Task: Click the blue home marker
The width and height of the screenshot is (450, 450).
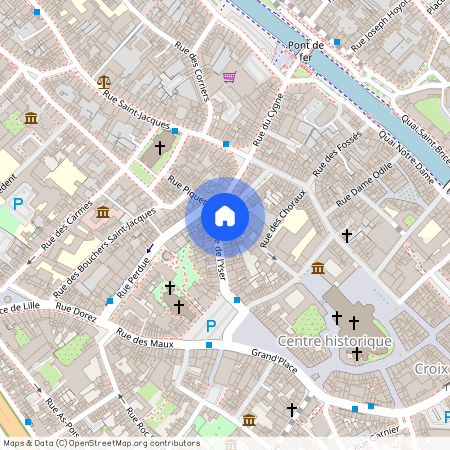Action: coord(225,215)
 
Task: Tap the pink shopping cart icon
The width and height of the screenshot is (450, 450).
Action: coord(229,77)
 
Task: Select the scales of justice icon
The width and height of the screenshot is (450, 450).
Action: coord(103,80)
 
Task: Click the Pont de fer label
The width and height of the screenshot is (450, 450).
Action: coord(306,51)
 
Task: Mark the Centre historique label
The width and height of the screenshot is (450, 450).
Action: coord(334,341)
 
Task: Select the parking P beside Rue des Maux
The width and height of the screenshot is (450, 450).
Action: coord(210,325)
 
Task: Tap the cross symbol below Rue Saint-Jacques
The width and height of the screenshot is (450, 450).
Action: coord(158,148)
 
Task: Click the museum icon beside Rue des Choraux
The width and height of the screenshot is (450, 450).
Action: coord(317,268)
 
